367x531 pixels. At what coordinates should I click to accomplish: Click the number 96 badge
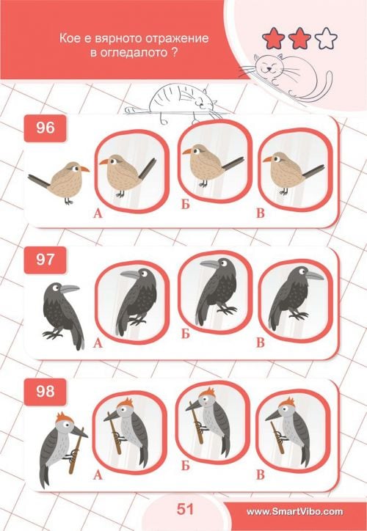pos(45,128)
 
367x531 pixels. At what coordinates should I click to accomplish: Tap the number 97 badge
pos(45,260)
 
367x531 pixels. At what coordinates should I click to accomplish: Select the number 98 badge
pos(45,392)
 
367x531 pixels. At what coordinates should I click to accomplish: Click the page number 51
pos(185,509)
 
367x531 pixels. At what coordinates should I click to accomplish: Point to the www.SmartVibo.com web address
pos(294,511)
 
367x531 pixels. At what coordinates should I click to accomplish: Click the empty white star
pos(326,38)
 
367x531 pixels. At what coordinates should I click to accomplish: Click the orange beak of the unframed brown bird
pos(84,169)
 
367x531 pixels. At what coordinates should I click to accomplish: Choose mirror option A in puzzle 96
pos(132,172)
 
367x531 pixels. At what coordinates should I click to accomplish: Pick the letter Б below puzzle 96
pos(185,205)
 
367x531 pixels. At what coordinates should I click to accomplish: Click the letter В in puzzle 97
pos(261,343)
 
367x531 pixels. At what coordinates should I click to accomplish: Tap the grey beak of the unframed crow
pos(70,289)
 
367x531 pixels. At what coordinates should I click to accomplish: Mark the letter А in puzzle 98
pos(98,475)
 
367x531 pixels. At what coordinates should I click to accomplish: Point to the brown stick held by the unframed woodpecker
pos(76,450)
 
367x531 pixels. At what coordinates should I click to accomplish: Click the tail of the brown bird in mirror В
pos(313,171)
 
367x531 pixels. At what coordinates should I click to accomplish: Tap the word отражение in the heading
pos(177,38)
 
